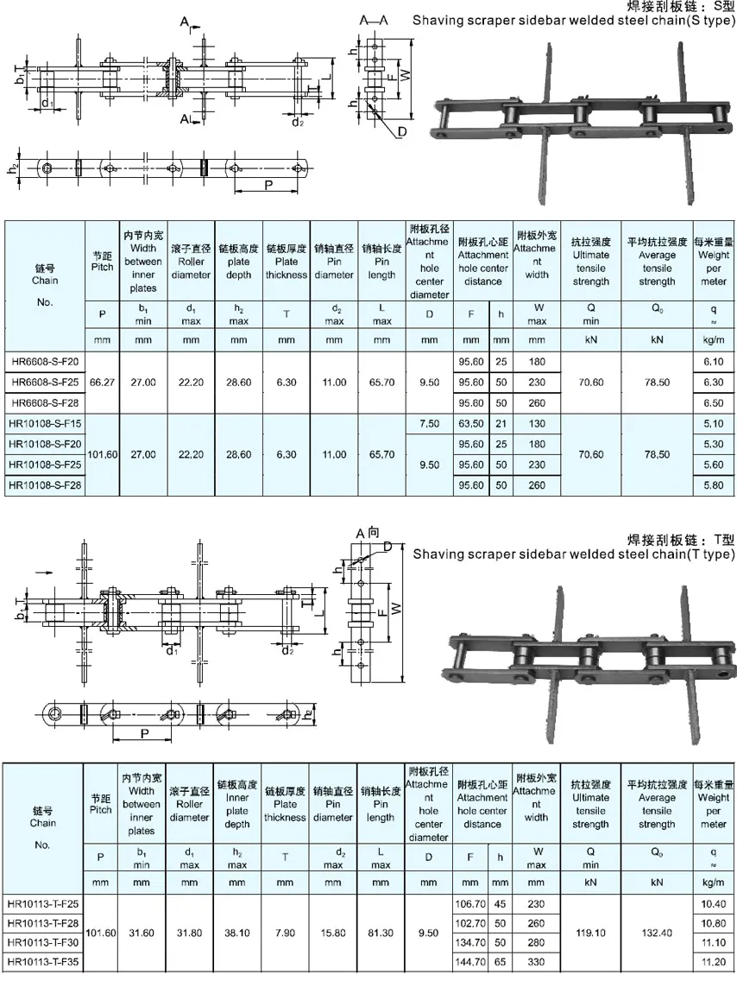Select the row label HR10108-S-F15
point(46,423)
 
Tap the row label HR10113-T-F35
point(43,960)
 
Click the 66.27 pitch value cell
point(102,381)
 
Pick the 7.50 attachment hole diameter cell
point(429,423)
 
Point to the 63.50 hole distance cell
point(470,423)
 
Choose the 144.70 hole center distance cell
point(470,960)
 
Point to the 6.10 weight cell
point(714,359)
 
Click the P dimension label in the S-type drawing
point(269,185)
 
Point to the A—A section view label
point(374,19)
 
